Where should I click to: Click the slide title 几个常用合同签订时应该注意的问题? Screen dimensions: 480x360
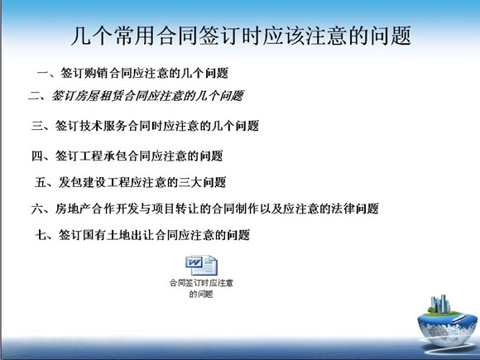click(x=241, y=36)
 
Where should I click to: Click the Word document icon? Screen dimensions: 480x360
click(x=201, y=265)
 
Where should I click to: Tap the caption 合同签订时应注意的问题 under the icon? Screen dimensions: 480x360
click(x=201, y=288)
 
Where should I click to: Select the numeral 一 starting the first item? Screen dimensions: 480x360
click(x=43, y=73)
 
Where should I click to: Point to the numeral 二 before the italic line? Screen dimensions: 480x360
click(x=33, y=96)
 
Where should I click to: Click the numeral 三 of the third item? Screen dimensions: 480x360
click(x=37, y=126)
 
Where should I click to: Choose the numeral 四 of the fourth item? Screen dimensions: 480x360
click(x=37, y=156)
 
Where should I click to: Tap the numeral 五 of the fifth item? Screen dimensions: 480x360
click(x=41, y=182)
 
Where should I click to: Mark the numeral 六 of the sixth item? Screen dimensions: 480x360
click(x=37, y=209)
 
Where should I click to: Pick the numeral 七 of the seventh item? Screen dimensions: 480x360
click(x=41, y=235)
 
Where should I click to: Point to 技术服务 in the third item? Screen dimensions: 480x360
click(x=103, y=126)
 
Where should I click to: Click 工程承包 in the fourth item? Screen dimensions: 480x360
click(x=103, y=156)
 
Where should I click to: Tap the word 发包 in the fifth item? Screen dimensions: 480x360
click(x=70, y=182)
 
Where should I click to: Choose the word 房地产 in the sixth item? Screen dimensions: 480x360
click(x=73, y=209)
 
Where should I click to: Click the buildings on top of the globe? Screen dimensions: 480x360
click(x=440, y=305)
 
